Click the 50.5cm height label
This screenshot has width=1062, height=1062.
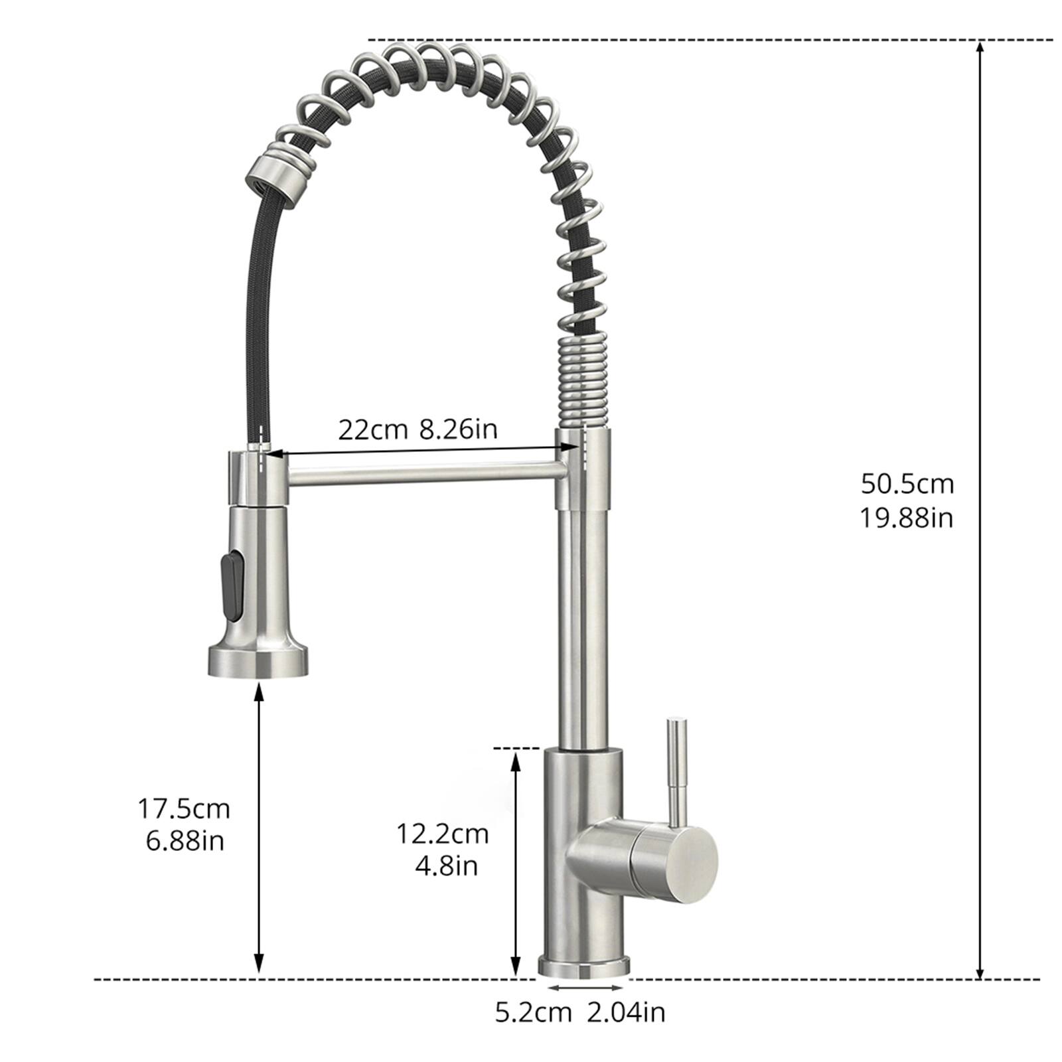(907, 484)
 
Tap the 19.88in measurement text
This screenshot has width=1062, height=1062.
(907, 518)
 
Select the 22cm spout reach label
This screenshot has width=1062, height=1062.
(372, 430)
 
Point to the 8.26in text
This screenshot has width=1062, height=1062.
(458, 430)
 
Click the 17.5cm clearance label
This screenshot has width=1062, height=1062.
(184, 809)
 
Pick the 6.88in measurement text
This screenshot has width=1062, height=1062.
(185, 842)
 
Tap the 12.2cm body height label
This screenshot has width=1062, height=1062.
(443, 834)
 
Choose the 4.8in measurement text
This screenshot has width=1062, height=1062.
(446, 866)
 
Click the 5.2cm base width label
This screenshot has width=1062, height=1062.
(533, 1012)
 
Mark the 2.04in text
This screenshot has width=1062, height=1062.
(626, 1012)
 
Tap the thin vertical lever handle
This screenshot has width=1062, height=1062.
(676, 770)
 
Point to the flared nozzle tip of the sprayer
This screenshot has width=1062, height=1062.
(258, 661)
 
